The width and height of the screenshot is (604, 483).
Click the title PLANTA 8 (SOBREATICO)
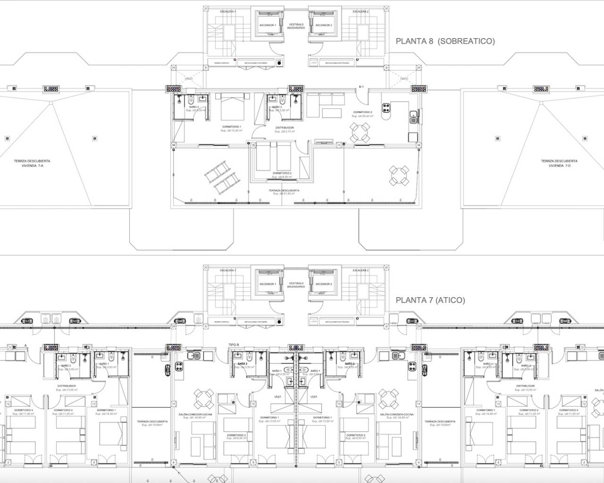[445, 41]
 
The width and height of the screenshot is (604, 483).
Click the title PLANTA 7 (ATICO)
[430, 300]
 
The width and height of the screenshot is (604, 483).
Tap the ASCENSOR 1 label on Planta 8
[268, 25]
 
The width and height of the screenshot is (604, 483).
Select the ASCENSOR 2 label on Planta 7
[324, 284]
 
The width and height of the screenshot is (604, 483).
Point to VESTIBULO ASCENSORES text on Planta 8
[296, 25]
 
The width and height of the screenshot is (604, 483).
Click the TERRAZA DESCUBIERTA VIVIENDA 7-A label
[32, 163]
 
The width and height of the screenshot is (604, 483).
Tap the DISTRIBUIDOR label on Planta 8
[285, 128]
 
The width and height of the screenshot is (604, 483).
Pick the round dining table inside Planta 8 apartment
[360, 132]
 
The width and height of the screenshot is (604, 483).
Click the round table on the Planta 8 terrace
[399, 176]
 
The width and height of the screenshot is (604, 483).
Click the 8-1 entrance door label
[362, 87]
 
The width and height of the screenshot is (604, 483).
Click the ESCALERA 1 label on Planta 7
[228, 270]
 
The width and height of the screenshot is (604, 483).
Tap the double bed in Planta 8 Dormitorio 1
[231, 108]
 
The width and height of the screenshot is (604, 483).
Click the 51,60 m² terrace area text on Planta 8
[284, 193]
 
